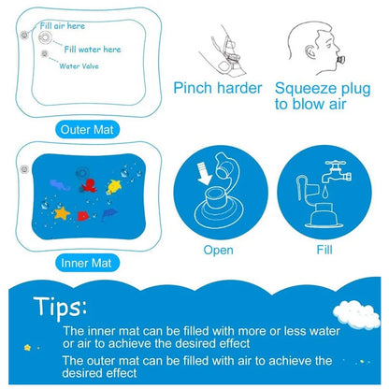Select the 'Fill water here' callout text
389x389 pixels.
[x=93, y=48]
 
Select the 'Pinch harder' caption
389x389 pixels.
[x=216, y=89]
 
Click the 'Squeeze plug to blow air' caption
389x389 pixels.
[x=322, y=96]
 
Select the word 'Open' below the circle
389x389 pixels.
[x=218, y=250]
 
